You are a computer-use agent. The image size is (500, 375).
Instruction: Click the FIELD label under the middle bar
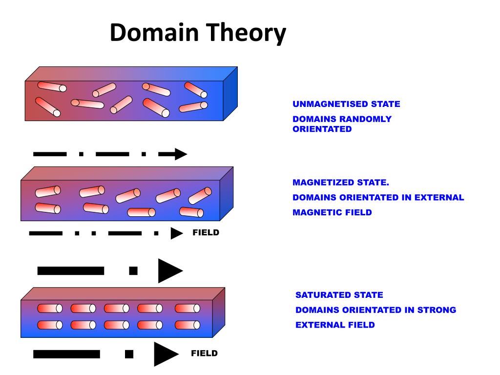coord(206,233)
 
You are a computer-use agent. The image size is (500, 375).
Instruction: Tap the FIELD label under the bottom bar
coord(204,354)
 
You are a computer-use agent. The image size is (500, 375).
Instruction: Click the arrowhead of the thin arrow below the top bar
coord(180,154)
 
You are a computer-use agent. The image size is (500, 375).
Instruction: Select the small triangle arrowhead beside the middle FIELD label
coord(176,233)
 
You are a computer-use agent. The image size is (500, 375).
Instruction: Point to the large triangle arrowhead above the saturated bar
coord(169,271)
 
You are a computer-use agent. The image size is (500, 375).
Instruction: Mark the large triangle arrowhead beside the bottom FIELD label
coord(165,354)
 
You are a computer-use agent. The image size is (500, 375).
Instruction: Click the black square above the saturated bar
coord(133,271)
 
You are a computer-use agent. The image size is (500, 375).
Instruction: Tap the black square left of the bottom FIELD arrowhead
coord(129,354)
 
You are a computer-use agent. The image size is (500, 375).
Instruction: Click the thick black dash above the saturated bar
coord(71,271)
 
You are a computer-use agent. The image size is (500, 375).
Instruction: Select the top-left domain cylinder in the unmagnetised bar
coord(52,87)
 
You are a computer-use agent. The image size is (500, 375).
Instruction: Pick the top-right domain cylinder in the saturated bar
coord(187,309)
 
